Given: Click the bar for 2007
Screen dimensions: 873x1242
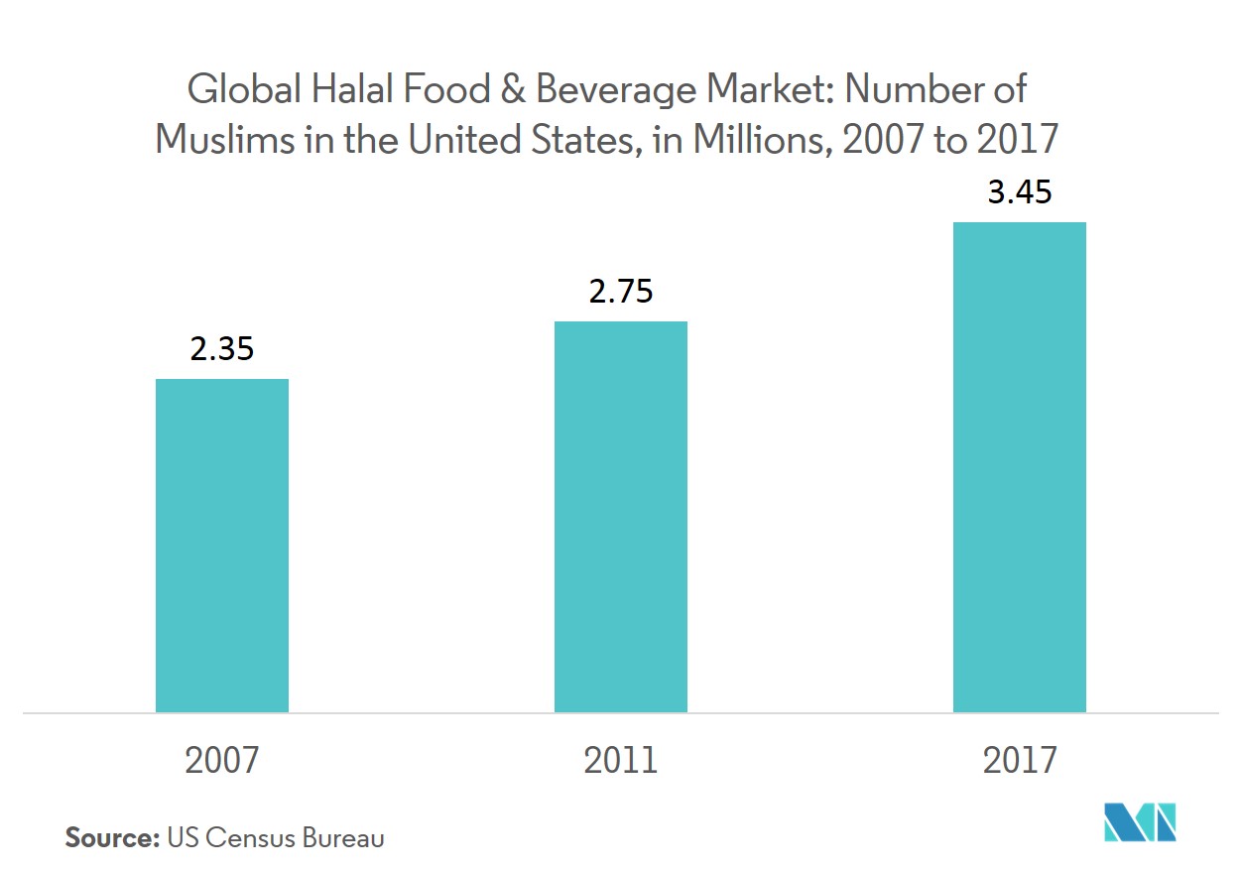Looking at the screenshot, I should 222,546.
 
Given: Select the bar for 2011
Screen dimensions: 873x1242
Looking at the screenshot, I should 621,517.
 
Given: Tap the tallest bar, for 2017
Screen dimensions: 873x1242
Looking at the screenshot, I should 1020,467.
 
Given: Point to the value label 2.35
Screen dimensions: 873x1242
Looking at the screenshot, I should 222,350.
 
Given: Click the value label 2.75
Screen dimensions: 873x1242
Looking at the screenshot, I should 621,293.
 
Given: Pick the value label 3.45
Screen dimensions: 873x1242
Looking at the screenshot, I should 1020,192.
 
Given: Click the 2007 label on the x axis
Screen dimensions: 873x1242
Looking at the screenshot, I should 222,761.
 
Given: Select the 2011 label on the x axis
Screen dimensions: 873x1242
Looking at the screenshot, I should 621,761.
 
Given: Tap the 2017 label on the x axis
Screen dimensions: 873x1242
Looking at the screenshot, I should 1020,761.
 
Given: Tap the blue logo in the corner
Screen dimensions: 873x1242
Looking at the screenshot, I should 1139,821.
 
